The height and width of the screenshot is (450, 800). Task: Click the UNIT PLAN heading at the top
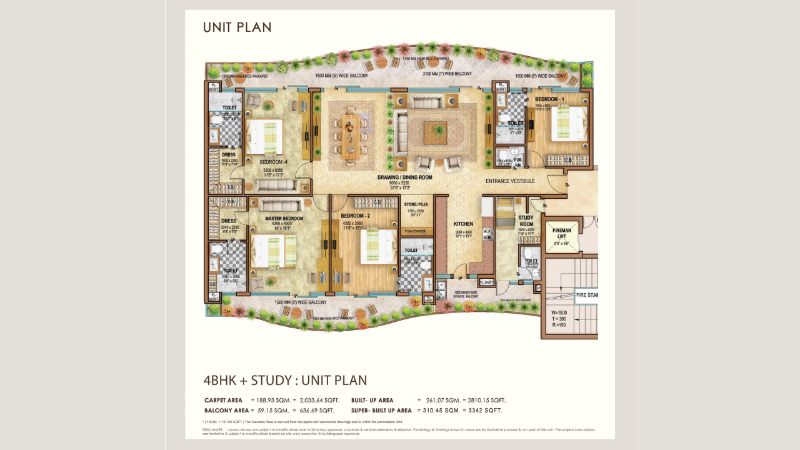tap(237, 27)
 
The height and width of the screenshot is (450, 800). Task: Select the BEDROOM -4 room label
tap(273, 162)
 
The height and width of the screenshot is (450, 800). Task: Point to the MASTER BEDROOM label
tap(284, 219)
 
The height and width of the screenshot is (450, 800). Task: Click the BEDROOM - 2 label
tap(356, 216)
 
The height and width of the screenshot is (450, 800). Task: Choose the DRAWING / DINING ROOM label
tap(404, 177)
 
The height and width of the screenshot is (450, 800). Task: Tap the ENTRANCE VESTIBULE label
tap(510, 181)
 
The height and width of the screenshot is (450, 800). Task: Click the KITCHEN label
tap(463, 224)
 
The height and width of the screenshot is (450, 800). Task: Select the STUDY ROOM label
tap(526, 221)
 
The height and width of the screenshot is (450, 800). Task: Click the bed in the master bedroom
tap(273, 250)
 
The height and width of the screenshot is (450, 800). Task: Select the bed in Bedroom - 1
tap(567, 122)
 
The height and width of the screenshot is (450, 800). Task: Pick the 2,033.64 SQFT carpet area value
tap(319, 400)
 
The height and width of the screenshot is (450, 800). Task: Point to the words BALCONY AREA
tap(226, 411)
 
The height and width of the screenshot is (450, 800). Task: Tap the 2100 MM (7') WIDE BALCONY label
tap(447, 74)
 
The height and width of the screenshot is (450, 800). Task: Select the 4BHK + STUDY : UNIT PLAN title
tap(285, 381)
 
